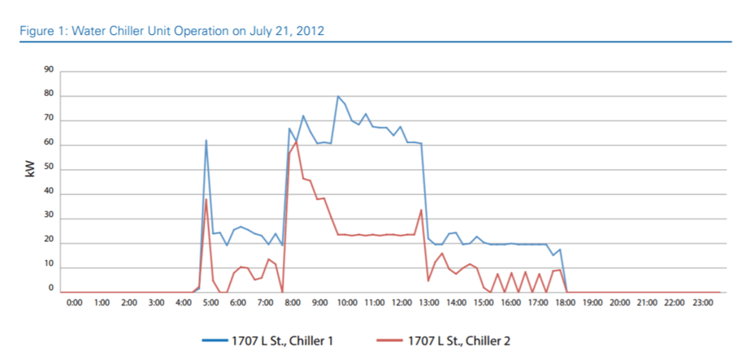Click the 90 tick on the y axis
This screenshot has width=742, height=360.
point(49,72)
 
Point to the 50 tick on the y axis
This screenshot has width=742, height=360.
point(49,169)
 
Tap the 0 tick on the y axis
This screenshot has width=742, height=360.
point(51,288)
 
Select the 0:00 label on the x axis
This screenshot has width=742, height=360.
point(73,302)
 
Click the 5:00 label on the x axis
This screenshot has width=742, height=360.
point(210,302)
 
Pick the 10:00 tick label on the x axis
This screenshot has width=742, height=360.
point(347,302)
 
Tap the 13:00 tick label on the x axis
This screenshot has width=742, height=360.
point(429,302)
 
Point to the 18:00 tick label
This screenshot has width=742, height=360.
point(566,302)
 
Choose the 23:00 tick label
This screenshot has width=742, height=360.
point(702,302)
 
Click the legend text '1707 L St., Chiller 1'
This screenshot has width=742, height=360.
point(294,340)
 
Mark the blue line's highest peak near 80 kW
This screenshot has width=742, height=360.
point(338,97)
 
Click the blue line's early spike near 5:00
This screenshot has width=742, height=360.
point(206,141)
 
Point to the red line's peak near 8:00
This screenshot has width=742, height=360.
point(297,141)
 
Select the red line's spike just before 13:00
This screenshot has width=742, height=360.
point(421,210)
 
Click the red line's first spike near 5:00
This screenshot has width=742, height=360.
point(206,200)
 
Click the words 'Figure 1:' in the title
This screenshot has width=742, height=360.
point(40,31)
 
